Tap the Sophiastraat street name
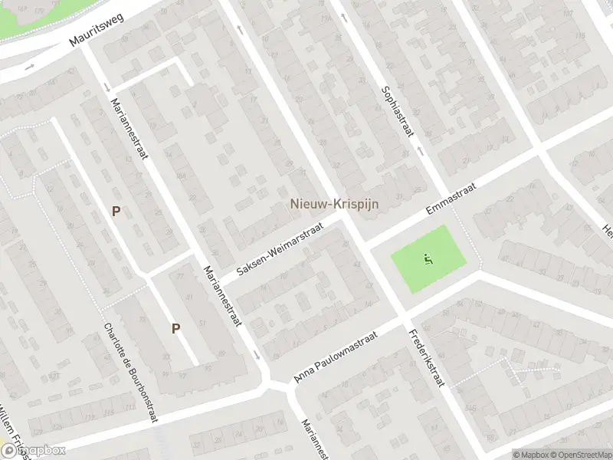tap(398, 112)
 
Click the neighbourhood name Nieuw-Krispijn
tap(335, 204)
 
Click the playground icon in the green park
tap(428, 258)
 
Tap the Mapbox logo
tap(34, 450)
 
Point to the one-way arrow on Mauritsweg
tap(29, 67)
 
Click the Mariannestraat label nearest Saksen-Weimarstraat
tap(222, 295)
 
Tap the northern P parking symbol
tap(116, 211)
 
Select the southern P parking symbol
tap(175, 328)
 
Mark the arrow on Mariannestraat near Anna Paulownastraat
tap(256, 354)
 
